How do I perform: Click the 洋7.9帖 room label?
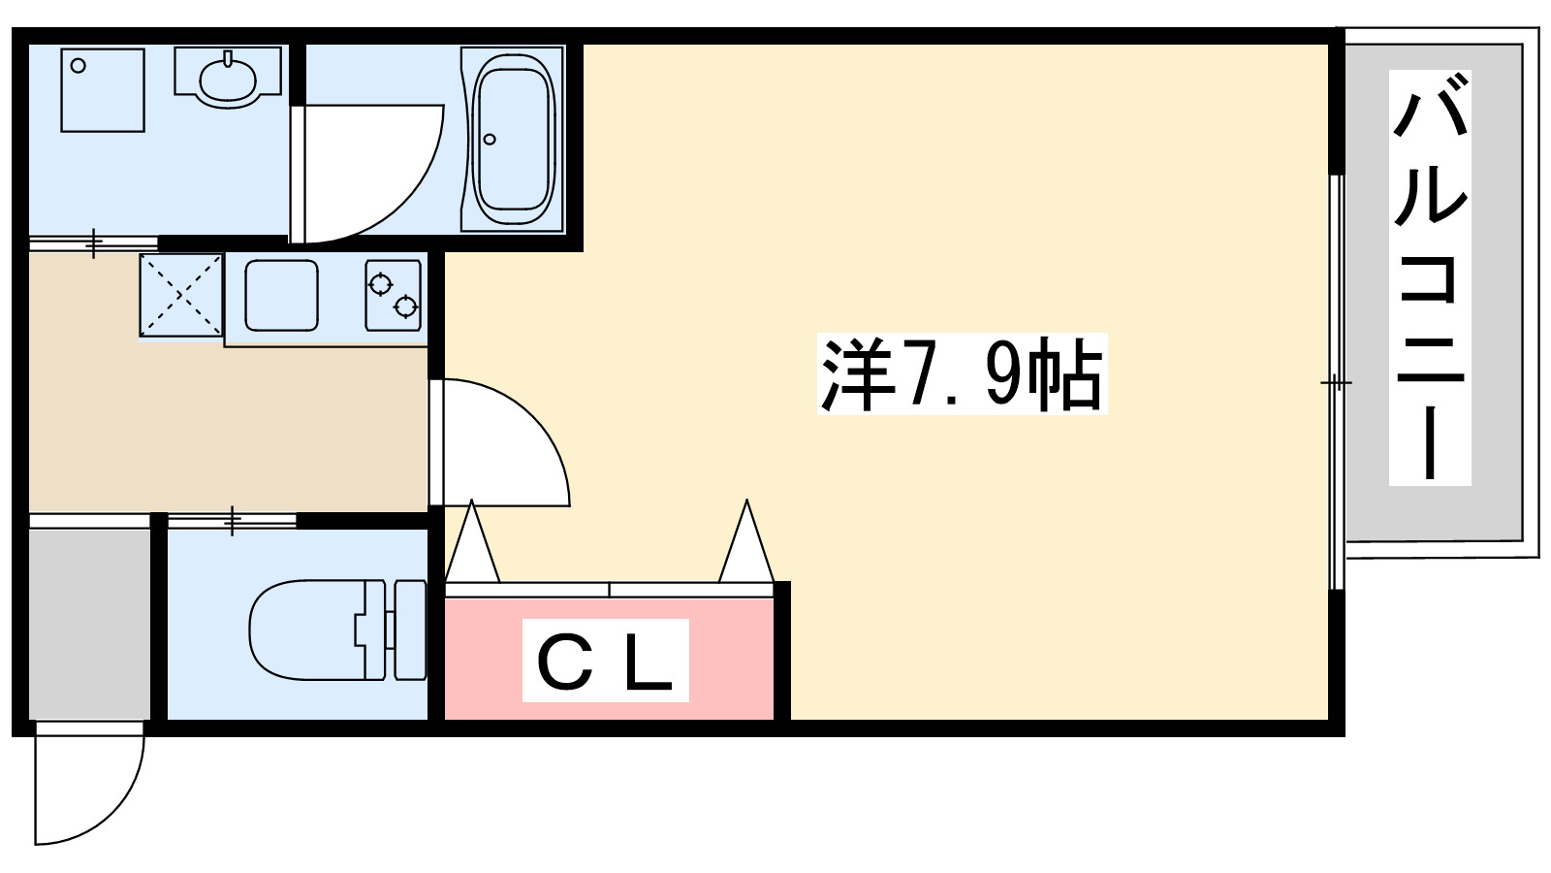click(962, 374)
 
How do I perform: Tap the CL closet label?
click(605, 661)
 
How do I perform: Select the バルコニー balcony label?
click(1430, 277)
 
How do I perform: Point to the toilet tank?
click(410, 630)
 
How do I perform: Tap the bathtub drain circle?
click(490, 140)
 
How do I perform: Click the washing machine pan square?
click(103, 89)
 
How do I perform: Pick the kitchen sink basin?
click(281, 295)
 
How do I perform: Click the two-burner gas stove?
click(394, 295)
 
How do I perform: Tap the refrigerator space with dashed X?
click(181, 296)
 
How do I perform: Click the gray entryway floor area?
click(89, 621)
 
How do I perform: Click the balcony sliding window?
click(1336, 383)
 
